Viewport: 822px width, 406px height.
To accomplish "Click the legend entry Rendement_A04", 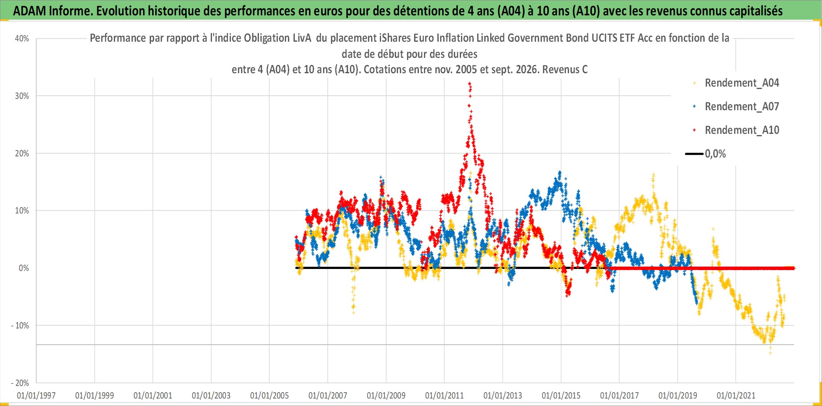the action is (x=742, y=83).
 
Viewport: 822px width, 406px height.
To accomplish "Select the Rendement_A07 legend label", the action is (x=742, y=107).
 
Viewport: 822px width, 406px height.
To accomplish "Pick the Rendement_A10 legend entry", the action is (x=742, y=130).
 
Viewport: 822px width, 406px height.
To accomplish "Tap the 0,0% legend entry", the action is (x=715, y=154).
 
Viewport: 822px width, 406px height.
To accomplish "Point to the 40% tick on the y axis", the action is (x=22, y=39).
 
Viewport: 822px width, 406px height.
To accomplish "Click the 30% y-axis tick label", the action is (x=22, y=96).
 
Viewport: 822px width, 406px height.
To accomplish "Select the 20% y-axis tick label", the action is (x=22, y=154).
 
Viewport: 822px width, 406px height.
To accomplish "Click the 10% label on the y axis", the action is (x=22, y=211).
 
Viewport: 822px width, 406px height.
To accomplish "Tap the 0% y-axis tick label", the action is (x=24, y=268).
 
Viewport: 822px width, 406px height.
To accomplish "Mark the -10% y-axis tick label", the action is (x=20, y=326).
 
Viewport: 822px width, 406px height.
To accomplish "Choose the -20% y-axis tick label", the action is (x=20, y=383).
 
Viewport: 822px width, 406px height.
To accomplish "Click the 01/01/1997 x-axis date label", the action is (x=36, y=395).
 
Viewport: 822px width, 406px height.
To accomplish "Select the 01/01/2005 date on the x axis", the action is (x=270, y=395).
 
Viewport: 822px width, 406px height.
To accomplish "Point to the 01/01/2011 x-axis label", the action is (x=444, y=395).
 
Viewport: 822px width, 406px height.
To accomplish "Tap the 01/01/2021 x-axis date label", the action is (x=736, y=395).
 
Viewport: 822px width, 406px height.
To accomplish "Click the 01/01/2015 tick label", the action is (x=561, y=395).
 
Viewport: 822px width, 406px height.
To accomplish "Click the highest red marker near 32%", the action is (x=469, y=83).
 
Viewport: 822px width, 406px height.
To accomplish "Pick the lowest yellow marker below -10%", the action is (x=770, y=353).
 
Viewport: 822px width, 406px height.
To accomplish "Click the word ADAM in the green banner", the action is (x=30, y=11).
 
